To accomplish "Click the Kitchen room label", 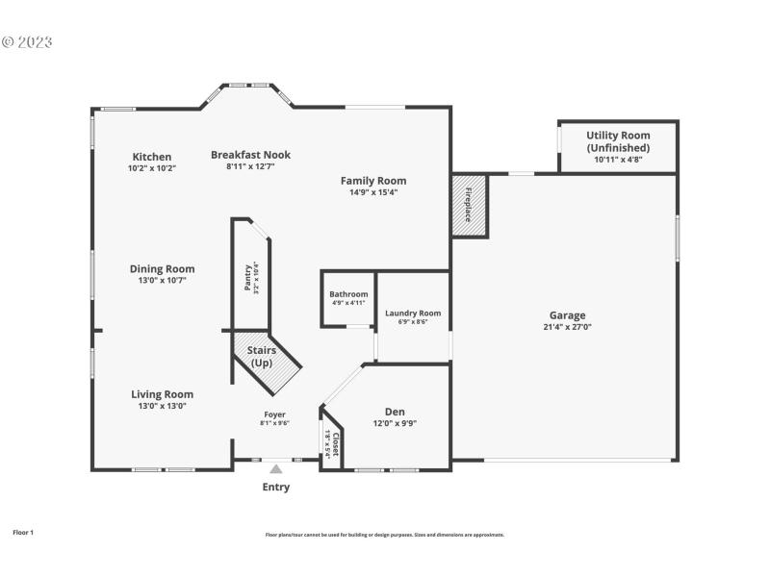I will point(152,157).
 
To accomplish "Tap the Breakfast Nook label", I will point(250,155).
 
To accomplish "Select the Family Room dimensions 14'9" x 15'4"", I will point(373,192).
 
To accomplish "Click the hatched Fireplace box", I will point(470,204).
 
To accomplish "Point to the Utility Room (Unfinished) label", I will point(618,141).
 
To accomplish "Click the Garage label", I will point(567,315).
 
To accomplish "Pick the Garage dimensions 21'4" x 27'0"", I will point(567,327).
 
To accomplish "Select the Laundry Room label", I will point(413,313).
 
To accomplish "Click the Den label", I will point(395,412).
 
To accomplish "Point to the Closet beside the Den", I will point(331,441).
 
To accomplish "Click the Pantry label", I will point(247,277).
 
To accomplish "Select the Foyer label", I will point(274,414).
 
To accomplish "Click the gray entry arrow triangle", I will point(276,469).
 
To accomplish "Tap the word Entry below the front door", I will point(276,487).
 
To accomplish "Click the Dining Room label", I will point(163,269).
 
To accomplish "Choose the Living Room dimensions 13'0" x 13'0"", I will point(163,406).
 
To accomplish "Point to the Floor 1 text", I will point(23,532).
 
